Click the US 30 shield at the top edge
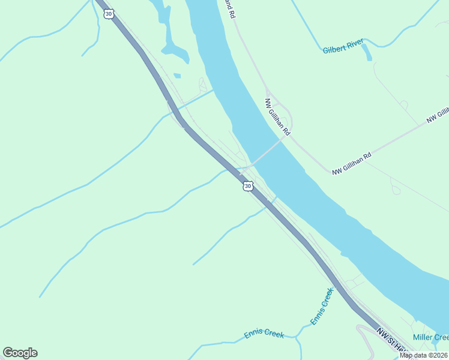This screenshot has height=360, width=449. tap(108, 13)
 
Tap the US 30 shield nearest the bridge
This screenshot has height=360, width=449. tap(248, 187)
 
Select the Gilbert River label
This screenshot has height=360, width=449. tap(343, 50)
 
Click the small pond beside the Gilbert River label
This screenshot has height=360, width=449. tap(366, 53)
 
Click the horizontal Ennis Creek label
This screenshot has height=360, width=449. tap(264, 334)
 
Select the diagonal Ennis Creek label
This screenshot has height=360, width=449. tap(322, 307)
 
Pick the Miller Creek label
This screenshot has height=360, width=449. tap(430, 338)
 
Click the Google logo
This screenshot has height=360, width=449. tap(20, 352)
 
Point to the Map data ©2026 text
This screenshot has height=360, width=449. tap(424, 355)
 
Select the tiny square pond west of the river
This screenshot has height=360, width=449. tap(177, 76)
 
